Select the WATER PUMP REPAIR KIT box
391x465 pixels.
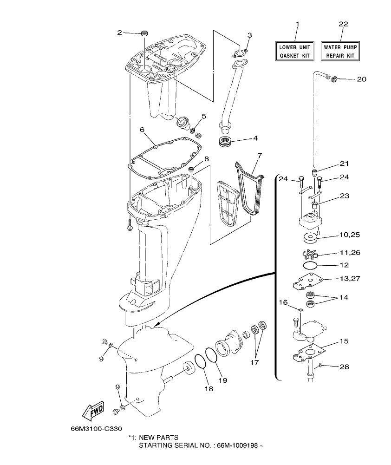click(341, 51)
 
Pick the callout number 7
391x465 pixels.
click(259, 155)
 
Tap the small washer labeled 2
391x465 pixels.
click(144, 33)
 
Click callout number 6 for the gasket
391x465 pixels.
click(142, 130)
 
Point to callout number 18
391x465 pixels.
click(209, 388)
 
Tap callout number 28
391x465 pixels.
click(344, 367)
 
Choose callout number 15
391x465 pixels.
click(344, 341)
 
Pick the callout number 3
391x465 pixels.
click(249, 35)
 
